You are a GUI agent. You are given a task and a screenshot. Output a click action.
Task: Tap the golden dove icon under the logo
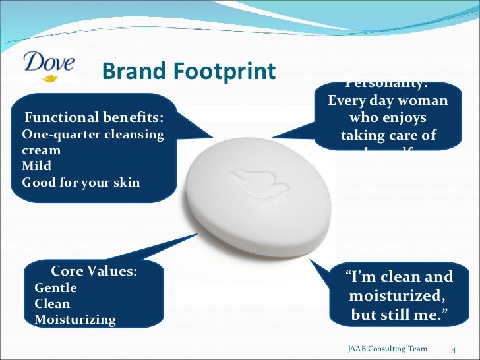click(x=50, y=77)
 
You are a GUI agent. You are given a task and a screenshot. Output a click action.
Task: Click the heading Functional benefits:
click(x=94, y=119)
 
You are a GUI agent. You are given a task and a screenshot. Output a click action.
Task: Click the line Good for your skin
click(x=81, y=182)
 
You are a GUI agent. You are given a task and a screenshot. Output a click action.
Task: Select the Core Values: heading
click(x=94, y=271)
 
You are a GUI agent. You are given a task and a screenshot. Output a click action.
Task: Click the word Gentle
click(x=55, y=288)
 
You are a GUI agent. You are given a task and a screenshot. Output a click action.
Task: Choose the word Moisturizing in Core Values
click(x=75, y=320)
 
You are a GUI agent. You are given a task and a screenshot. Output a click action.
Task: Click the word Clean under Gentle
click(x=52, y=304)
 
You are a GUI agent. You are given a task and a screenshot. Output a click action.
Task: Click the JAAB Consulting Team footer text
click(x=387, y=349)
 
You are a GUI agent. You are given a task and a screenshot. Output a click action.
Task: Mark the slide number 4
click(x=454, y=349)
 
